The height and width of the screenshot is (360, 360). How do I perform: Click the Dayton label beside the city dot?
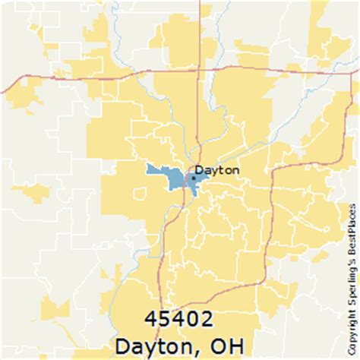point(217,170)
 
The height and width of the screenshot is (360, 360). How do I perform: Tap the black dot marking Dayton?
point(193,178)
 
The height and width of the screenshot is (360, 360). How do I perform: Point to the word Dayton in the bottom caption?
point(159,344)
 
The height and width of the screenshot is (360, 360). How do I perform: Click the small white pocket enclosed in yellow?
point(138,194)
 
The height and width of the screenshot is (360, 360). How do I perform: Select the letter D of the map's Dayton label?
point(200,170)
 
